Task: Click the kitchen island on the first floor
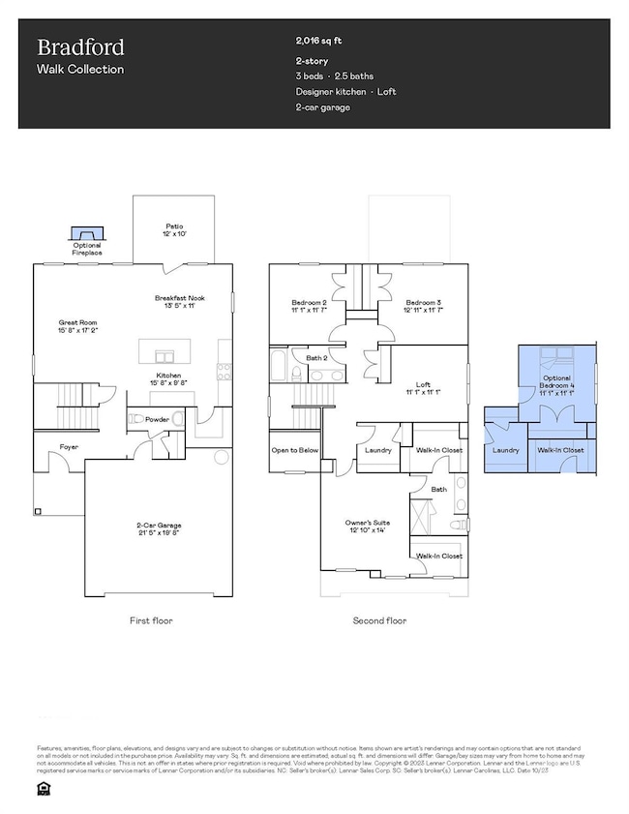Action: click(164, 349)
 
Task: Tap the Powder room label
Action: click(157, 420)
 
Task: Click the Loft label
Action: click(423, 389)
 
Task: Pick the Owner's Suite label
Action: click(365, 526)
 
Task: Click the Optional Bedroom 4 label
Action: click(555, 383)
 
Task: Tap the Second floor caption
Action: click(379, 619)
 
